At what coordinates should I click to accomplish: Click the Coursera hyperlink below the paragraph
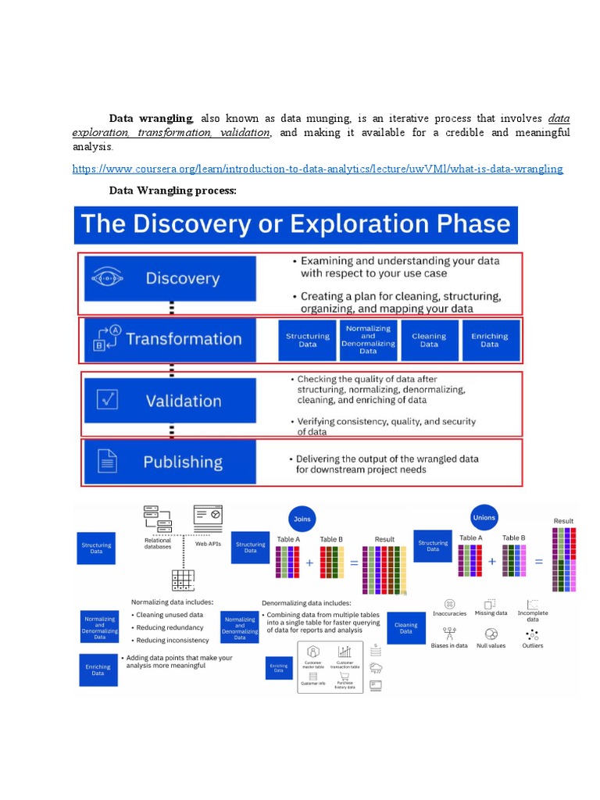[317, 169]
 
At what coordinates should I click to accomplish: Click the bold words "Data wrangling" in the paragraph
[150, 118]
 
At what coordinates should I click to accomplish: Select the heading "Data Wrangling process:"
[172, 190]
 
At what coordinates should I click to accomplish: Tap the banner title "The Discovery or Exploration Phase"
[295, 224]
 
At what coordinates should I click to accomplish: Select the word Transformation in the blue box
[184, 339]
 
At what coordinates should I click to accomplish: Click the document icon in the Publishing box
[106, 461]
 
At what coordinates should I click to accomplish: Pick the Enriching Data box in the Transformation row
[489, 340]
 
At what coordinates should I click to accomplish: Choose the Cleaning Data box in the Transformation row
[429, 340]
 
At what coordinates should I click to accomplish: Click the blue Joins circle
[301, 518]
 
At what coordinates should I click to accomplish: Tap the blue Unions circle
[484, 517]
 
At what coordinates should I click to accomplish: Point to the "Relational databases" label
[158, 543]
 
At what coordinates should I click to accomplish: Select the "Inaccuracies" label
[449, 613]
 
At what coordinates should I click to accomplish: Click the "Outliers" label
[533, 645]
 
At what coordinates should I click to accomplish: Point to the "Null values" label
[491, 645]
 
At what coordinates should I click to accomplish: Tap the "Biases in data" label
[449, 645]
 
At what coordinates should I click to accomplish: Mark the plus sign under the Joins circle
[309, 562]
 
